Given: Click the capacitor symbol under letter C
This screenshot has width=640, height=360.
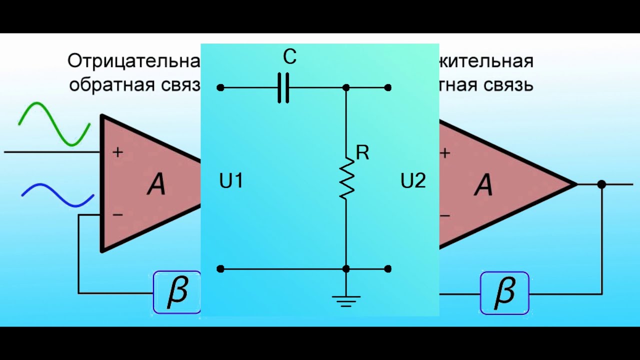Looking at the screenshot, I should (283, 88).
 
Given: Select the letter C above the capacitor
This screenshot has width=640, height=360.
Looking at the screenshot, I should (289, 57).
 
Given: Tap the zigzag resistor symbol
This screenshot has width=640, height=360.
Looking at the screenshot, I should (346, 178).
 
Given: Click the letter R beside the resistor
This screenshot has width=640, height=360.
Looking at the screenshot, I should (362, 153).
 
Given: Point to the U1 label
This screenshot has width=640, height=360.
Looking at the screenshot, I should (231, 181).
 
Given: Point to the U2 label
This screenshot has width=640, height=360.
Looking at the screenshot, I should (413, 181).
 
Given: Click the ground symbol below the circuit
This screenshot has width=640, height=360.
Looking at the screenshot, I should (346, 300).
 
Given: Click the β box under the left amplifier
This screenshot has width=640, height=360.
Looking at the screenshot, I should (177, 292).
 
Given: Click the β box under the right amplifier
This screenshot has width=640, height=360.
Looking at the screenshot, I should (504, 292).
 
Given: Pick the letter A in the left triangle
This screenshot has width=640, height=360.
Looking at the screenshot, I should (156, 185).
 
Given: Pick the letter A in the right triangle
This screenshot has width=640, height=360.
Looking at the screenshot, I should (483, 185).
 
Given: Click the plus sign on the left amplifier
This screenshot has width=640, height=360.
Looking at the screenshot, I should (117, 152).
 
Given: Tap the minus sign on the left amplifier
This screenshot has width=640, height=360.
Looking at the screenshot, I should (117, 215).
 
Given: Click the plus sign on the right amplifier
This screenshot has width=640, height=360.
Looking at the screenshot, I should (444, 152).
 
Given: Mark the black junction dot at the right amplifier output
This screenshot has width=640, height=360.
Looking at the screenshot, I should (601, 184).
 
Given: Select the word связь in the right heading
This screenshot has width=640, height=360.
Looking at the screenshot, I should (508, 85).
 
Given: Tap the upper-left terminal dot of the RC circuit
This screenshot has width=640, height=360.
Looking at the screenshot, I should (220, 87).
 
